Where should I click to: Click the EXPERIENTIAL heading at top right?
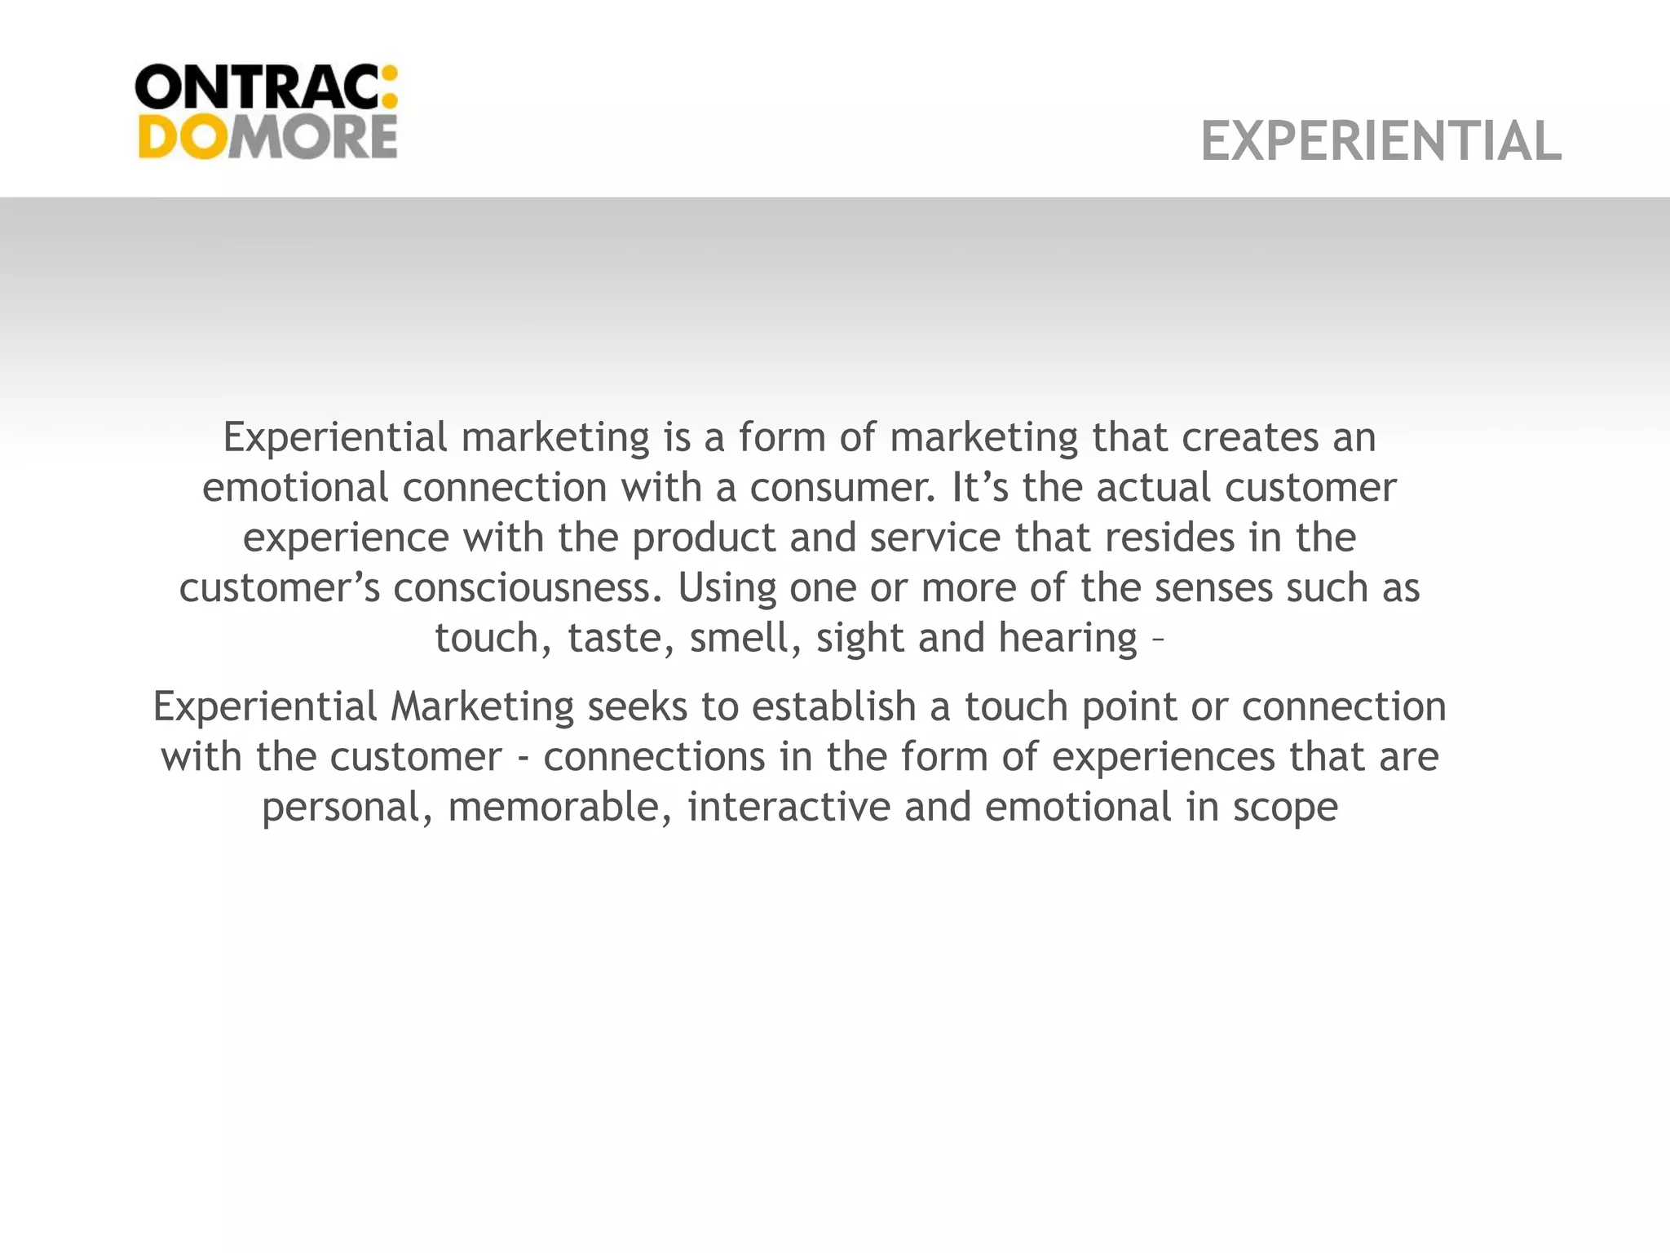pos(1381,141)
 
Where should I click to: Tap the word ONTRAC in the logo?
pos(255,87)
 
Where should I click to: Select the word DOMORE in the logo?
pos(267,136)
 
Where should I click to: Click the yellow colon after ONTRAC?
pos(389,87)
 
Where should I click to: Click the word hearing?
pos(1067,638)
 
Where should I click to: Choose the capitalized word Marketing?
pos(482,706)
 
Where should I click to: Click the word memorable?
pos(560,807)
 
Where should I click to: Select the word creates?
pos(1250,438)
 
